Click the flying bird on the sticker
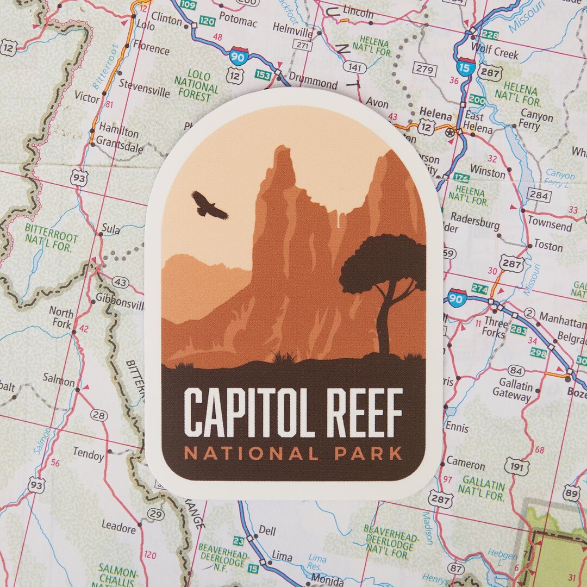click(x=209, y=205)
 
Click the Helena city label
click(x=435, y=116)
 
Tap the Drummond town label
click(x=313, y=83)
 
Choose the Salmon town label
click(x=59, y=379)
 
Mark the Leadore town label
click(x=118, y=527)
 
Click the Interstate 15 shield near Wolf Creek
click(x=466, y=66)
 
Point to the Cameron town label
click(x=466, y=465)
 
